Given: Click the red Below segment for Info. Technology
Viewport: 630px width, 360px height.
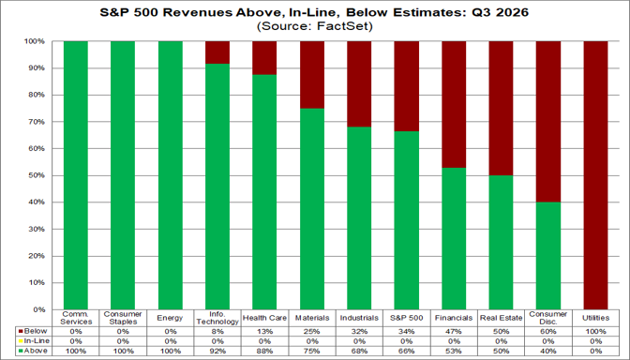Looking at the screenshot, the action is [217, 52].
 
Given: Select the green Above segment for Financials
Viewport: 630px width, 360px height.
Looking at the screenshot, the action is [454, 239].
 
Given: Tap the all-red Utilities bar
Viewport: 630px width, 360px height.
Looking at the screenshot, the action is [596, 175].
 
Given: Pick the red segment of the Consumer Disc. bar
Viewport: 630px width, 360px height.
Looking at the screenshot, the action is [548, 122].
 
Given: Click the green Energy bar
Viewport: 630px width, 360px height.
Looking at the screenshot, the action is [171, 175].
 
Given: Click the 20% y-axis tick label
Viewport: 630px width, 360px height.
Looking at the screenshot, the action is [36, 256].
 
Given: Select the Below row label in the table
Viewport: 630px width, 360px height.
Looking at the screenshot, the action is [36, 332].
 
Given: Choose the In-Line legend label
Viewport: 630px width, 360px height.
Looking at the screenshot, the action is [37, 341].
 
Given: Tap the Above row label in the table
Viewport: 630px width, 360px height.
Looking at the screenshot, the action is [36, 351].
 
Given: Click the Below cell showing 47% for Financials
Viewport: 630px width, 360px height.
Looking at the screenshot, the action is [454, 332].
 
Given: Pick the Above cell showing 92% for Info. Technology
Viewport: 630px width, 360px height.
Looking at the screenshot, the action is [217, 351].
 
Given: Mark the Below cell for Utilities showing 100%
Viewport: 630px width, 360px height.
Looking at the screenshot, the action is [596, 332].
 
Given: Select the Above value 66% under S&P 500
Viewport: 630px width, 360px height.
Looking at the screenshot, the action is [407, 351].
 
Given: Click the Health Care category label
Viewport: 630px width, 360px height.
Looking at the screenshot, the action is [264, 318].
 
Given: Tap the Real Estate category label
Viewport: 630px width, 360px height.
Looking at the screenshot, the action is [501, 318].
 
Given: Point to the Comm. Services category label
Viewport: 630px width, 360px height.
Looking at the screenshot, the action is [76, 318].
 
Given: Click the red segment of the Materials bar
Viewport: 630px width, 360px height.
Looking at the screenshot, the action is [312, 75].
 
